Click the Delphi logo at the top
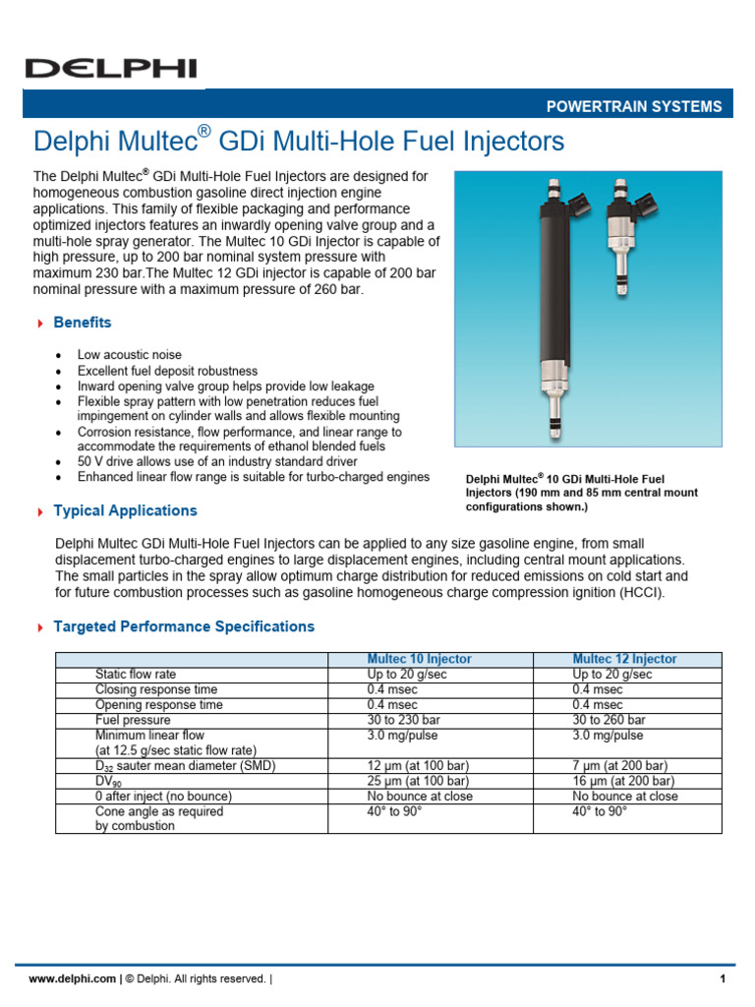(x=110, y=68)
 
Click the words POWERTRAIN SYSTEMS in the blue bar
(x=634, y=107)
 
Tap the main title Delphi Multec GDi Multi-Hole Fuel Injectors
(x=299, y=142)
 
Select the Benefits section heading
(x=82, y=323)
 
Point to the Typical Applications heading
(x=125, y=510)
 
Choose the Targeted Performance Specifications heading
(x=184, y=626)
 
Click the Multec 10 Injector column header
(x=420, y=659)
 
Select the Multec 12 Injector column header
(x=625, y=659)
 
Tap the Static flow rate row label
(x=135, y=675)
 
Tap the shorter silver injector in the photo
(x=621, y=236)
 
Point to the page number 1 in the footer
(x=722, y=978)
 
